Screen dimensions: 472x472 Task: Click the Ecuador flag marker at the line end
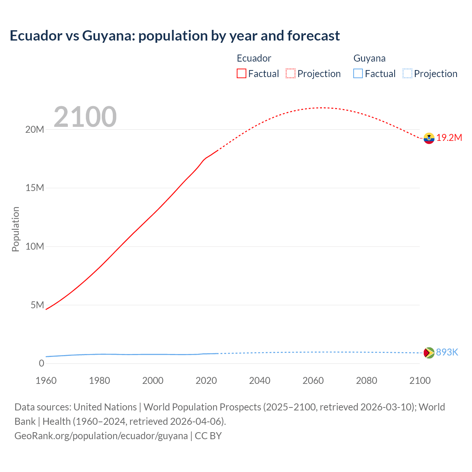point(429,138)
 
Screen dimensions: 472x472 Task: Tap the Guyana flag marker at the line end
point(429,353)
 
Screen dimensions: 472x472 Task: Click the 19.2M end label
point(449,138)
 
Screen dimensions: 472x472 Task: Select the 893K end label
point(447,352)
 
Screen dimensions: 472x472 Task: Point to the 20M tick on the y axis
point(35,129)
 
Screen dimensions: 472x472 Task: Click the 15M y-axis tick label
point(35,188)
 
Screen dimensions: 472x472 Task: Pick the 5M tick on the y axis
point(37,305)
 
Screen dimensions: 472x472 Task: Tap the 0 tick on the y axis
point(41,363)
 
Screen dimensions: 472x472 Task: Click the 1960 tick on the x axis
point(46,381)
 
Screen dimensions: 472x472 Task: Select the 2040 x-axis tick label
point(260,381)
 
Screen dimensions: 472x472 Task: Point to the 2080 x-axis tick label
point(367,381)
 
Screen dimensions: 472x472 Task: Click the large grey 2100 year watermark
point(85,117)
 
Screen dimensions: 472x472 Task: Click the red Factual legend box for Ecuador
point(242,73)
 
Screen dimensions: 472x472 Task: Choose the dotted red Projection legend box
point(291,73)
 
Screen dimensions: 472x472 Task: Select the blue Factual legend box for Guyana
point(358,73)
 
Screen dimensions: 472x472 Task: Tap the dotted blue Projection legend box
point(407,73)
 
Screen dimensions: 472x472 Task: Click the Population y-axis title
point(15,229)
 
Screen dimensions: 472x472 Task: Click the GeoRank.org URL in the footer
point(101,435)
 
